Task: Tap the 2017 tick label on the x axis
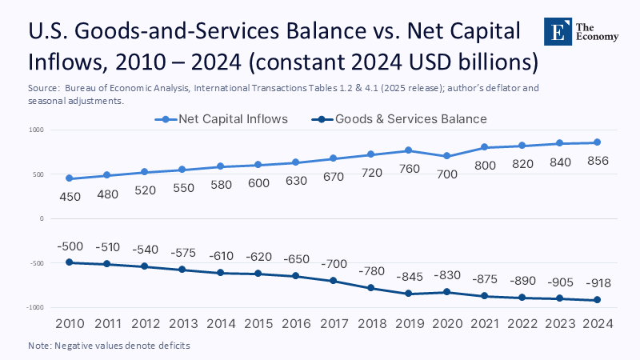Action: tap(334, 323)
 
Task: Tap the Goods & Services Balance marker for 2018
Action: tap(371, 288)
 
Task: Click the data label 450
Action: tap(70, 197)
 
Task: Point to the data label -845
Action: tap(409, 276)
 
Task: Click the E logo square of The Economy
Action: tap(557, 31)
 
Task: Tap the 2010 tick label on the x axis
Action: tap(70, 323)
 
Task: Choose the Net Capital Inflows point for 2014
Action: tap(221, 166)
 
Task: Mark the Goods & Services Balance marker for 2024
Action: tap(597, 300)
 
